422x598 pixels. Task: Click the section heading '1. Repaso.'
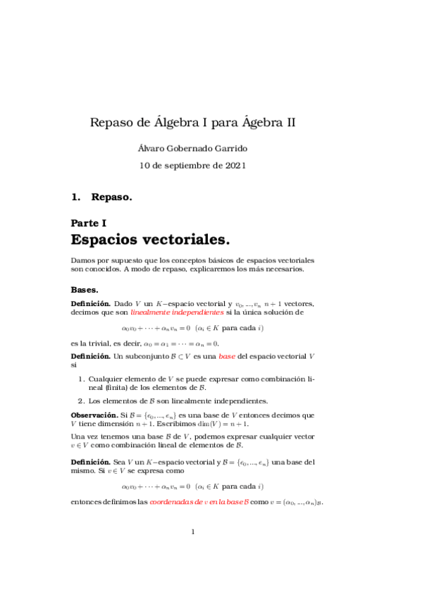click(101, 197)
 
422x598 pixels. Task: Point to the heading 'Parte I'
click(89, 223)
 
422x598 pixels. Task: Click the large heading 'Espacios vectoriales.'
click(151, 240)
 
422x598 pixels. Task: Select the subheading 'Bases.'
click(85, 290)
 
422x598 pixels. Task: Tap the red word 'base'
click(226, 358)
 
